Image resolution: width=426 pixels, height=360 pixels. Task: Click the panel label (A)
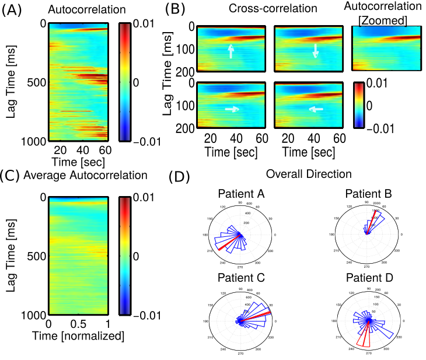[x=13, y=10]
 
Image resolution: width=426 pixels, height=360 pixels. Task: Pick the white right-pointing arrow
[x=232, y=108]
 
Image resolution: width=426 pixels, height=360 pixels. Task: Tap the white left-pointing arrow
[x=315, y=108]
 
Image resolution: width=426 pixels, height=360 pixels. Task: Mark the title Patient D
[x=368, y=277]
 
